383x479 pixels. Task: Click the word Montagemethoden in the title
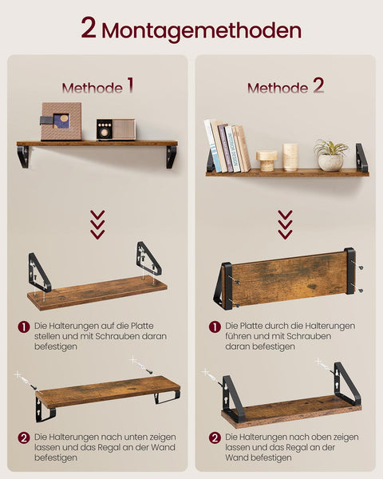tap(202, 30)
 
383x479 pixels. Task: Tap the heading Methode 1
tap(98, 86)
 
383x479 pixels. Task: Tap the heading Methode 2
tap(286, 86)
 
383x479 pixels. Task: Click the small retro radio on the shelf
tap(116, 129)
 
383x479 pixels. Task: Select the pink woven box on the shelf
tap(61, 121)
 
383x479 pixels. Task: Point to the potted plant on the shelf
tap(330, 156)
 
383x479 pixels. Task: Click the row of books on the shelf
tap(227, 147)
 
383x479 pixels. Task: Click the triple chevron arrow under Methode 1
tap(97, 224)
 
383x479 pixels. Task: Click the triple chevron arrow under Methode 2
tap(285, 224)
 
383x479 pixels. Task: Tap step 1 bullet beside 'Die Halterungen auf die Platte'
tap(24, 327)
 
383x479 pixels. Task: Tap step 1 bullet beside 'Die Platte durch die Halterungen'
tap(215, 327)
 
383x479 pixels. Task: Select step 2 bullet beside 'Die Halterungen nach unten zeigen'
tap(24, 437)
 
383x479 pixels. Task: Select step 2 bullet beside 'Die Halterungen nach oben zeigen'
tap(215, 437)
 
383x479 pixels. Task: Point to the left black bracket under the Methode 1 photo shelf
tap(23, 156)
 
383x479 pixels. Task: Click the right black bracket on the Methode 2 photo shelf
tap(361, 157)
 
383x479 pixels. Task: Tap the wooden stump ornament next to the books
tap(267, 160)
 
